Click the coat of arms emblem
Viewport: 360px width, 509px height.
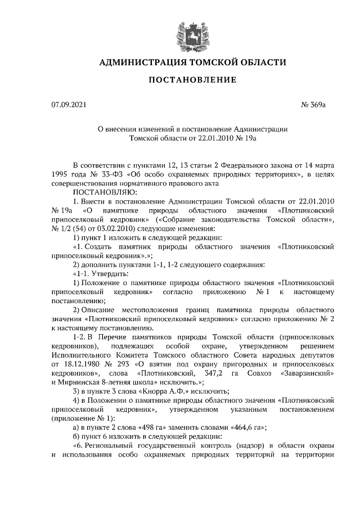coord(188,30)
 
